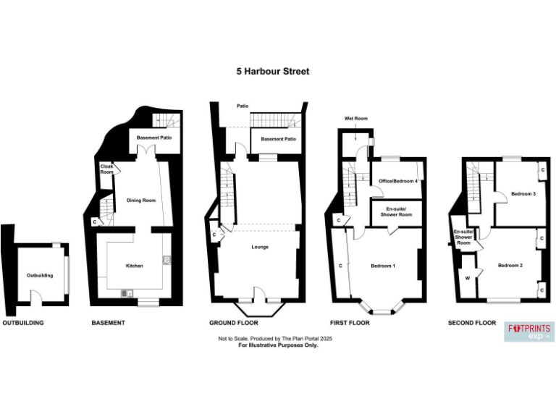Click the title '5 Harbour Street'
coord(273,72)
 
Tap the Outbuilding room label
coord(40,276)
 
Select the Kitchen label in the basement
coord(135,266)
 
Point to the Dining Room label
coord(141,201)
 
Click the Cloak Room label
coord(106,169)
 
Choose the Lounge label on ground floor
coord(261,247)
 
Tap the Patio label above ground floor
coord(243,106)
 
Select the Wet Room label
coord(356,117)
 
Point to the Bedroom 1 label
coord(383,266)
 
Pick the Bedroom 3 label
coord(523,194)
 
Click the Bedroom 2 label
coord(510,266)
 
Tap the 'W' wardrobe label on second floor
coord(467,278)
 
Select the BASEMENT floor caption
coord(108,323)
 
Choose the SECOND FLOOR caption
coord(472,323)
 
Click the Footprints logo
coord(529,332)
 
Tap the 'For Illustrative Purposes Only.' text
coord(278,345)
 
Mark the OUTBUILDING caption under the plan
coord(23,323)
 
